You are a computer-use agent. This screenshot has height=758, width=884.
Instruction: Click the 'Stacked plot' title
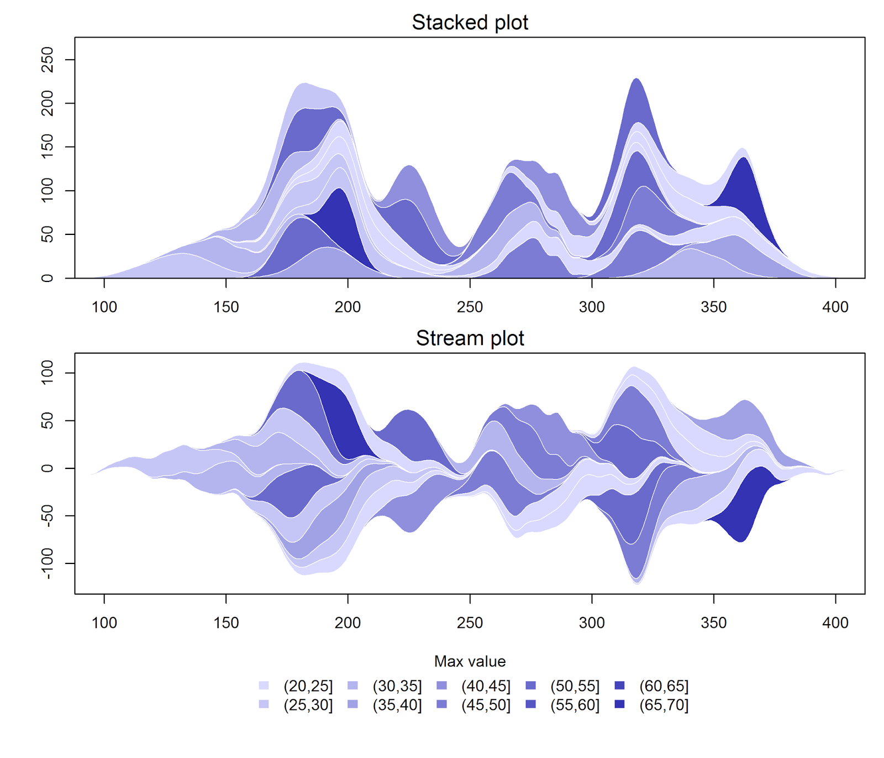pos(470,23)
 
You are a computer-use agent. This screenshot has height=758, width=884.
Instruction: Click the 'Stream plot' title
pos(470,338)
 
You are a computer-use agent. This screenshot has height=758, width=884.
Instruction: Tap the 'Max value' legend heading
pos(470,661)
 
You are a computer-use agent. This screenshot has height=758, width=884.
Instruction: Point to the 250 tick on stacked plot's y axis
pos(48,59)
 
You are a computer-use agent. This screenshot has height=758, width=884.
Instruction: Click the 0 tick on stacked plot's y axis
pos(48,278)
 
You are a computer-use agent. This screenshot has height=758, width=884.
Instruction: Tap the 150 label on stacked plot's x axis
pos(226,307)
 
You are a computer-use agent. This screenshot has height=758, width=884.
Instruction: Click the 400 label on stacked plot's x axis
pos(835,307)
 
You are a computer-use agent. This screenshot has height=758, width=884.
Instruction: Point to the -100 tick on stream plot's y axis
pos(48,563)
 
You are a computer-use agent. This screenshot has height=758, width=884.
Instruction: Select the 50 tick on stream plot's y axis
pos(48,421)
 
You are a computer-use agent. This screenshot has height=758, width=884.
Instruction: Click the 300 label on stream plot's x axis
pos(592,623)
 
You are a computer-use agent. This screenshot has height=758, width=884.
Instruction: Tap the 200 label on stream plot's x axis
pos(348,623)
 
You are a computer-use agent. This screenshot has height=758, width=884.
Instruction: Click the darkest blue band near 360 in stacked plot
pos(743,188)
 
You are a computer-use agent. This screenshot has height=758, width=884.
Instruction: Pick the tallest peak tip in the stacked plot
pos(636,79)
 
